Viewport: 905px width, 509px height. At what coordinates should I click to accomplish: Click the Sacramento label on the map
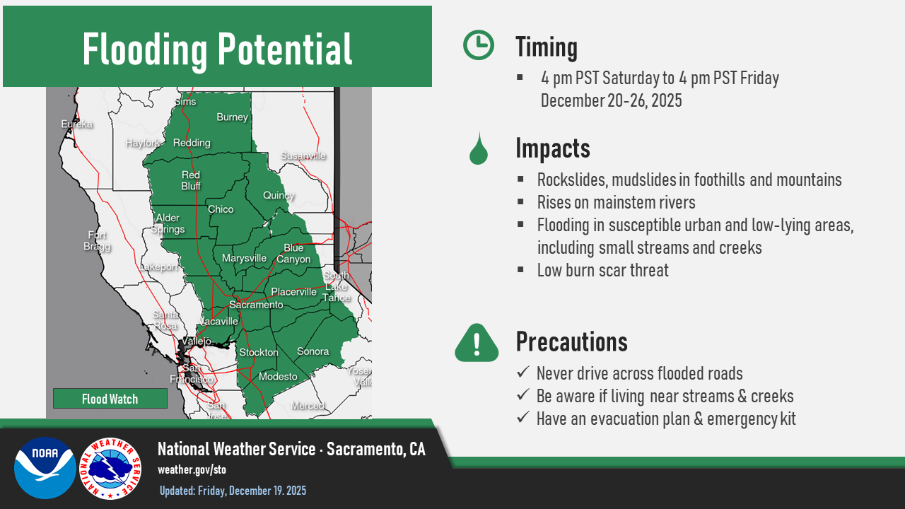[x=256, y=305]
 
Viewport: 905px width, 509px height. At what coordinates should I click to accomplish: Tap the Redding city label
[x=192, y=143]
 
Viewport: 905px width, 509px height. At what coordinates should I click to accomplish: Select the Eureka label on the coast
[x=76, y=124]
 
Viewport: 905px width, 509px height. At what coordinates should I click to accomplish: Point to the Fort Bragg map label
[x=97, y=240]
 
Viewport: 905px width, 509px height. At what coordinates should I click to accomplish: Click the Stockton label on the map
[x=259, y=352]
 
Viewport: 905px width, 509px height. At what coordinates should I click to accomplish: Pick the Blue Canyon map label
[x=293, y=254]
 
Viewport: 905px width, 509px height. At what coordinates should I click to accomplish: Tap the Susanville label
[x=303, y=156]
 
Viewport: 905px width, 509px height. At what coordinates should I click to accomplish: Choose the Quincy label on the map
[x=279, y=195]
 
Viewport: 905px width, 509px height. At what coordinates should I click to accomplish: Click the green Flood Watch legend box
[x=110, y=399]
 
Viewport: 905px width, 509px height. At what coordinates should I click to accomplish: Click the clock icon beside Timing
[x=479, y=45]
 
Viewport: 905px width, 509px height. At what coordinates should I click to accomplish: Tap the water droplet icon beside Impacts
[x=479, y=148]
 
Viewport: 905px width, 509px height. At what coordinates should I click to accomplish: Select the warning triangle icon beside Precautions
[x=477, y=343]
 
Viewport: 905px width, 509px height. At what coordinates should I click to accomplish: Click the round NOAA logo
[x=45, y=468]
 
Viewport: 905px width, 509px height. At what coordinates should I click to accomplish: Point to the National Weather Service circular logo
[x=110, y=468]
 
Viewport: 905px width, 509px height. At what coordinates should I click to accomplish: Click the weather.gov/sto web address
[x=192, y=469]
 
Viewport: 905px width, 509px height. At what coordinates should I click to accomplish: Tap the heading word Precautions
[x=571, y=342]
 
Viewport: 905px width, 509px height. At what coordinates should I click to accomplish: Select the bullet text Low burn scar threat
[x=602, y=270]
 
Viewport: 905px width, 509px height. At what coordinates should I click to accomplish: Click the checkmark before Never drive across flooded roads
[x=523, y=373]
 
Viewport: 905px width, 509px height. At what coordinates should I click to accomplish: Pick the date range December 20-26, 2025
[x=611, y=100]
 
